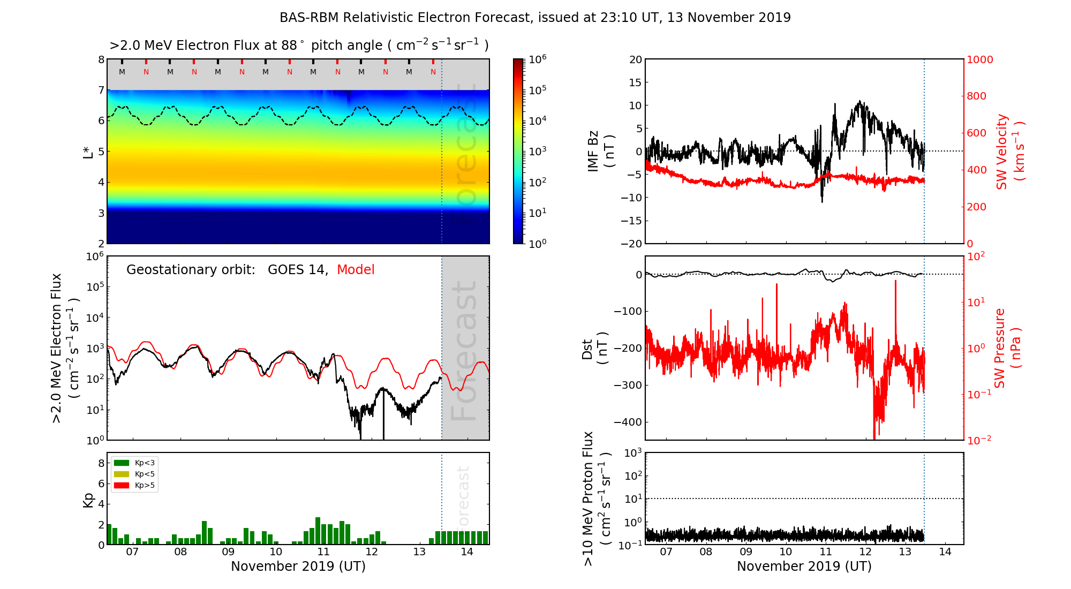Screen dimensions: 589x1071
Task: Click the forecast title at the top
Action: (535, 18)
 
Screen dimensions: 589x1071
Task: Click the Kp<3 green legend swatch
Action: (122, 463)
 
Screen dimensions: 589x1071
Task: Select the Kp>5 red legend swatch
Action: (122, 486)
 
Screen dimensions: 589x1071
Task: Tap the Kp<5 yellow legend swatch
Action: (122, 474)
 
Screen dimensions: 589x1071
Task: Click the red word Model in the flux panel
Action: (356, 270)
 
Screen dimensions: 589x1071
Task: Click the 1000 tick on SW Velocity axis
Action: (979, 59)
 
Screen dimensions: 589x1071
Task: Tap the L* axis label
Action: (88, 152)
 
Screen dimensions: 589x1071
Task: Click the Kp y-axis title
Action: (88, 500)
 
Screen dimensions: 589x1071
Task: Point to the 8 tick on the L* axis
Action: (101, 59)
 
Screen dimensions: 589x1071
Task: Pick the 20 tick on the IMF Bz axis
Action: (635, 59)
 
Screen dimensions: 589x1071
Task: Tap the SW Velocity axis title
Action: (1010, 152)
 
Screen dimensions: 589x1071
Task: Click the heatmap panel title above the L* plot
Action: (299, 46)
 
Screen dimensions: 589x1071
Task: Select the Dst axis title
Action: (594, 349)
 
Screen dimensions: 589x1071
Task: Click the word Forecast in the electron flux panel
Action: (464, 351)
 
